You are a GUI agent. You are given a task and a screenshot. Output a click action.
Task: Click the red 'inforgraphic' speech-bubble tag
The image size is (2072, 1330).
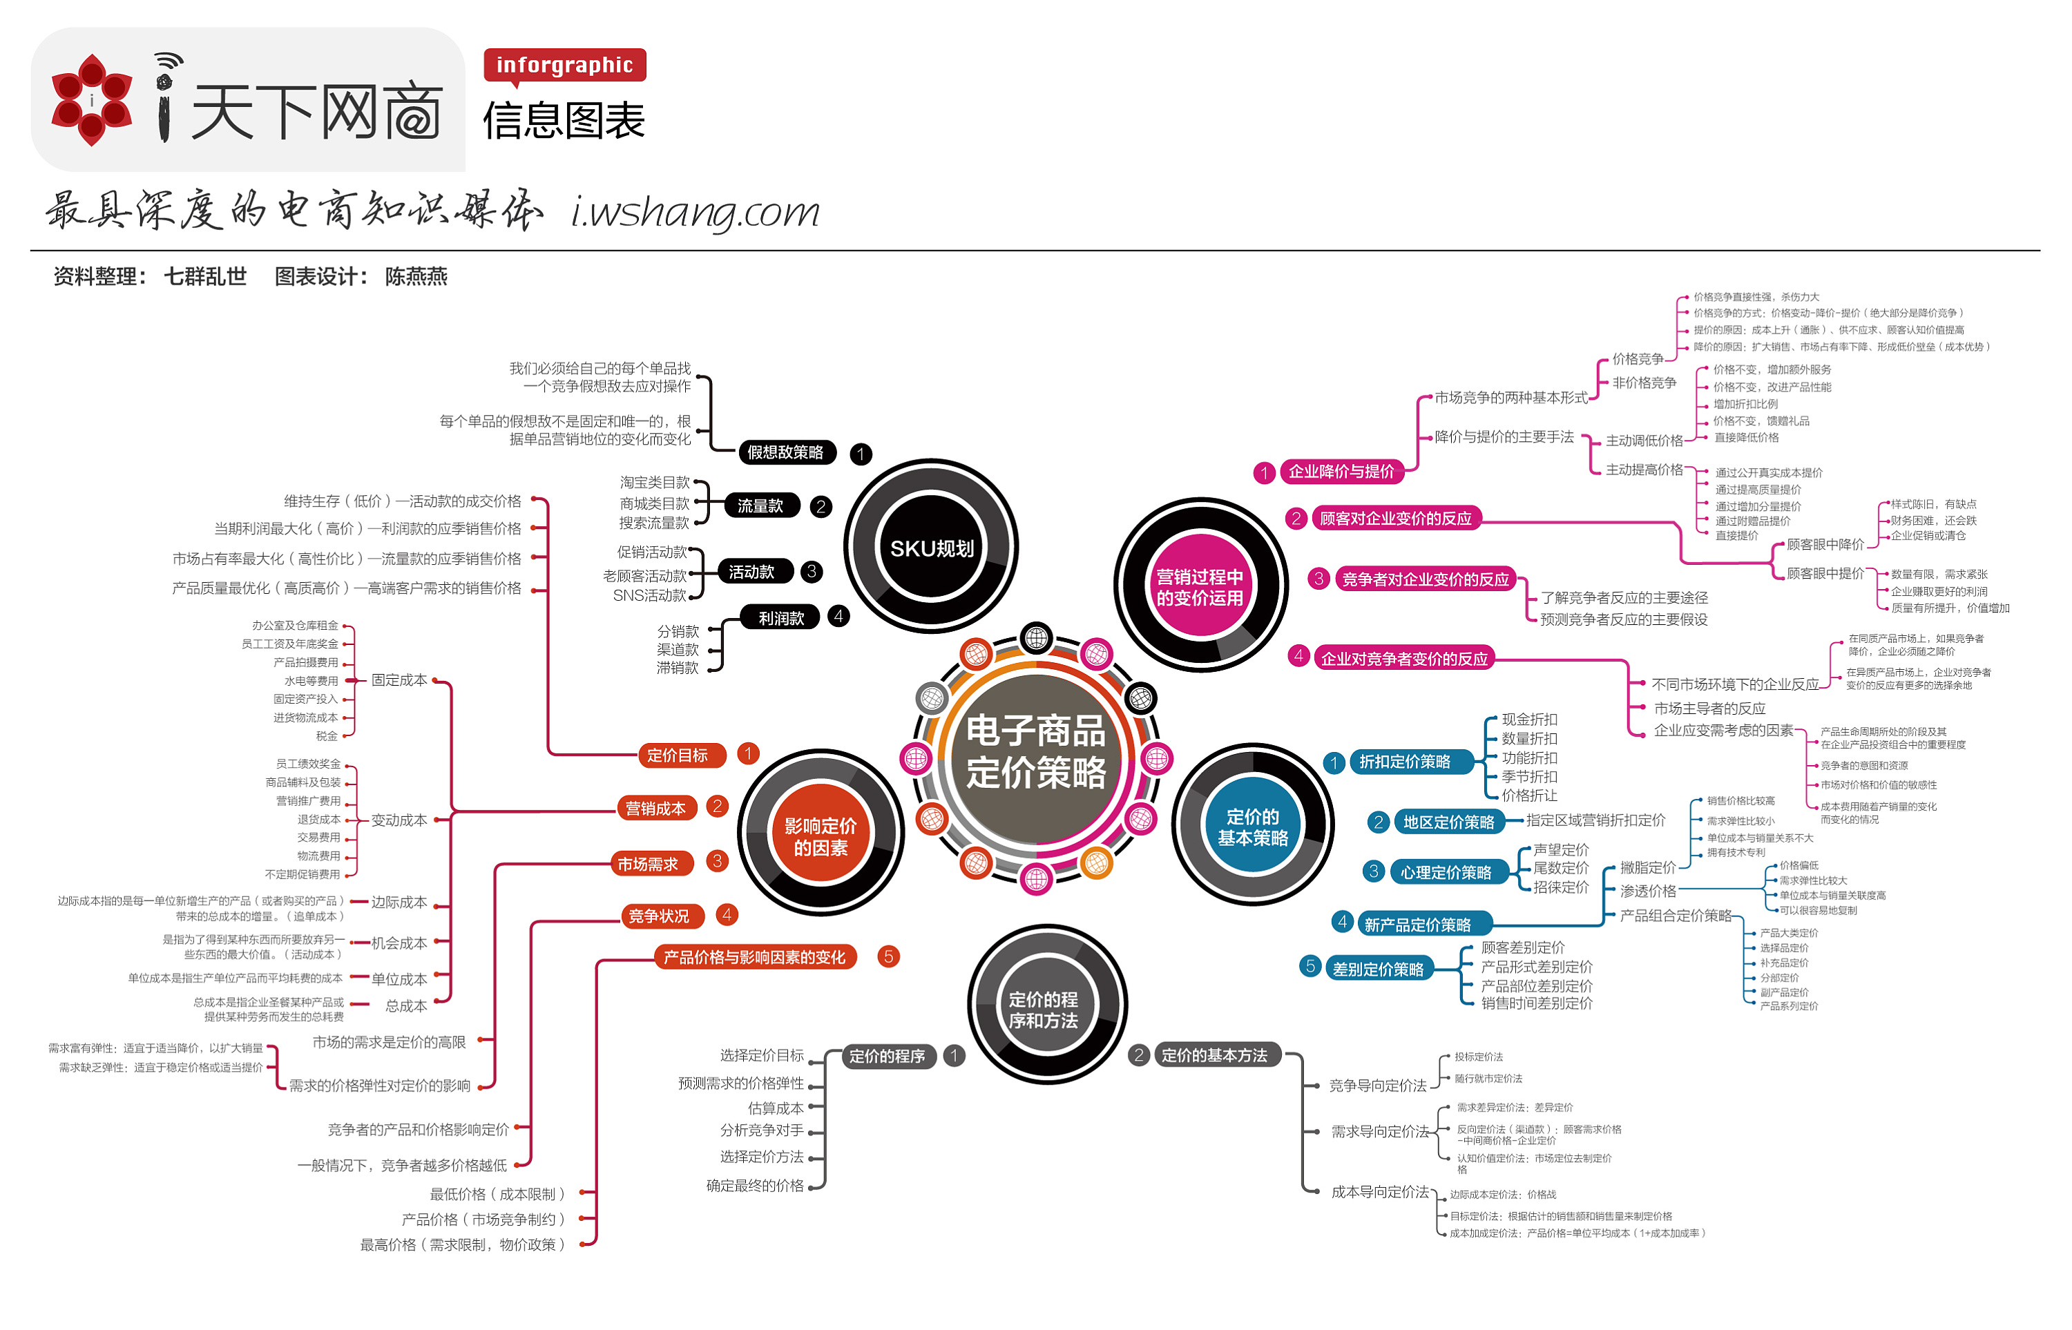(564, 65)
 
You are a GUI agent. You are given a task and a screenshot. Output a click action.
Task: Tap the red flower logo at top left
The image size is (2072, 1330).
(92, 100)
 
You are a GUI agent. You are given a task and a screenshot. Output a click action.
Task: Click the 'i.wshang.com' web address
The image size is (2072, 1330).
(696, 211)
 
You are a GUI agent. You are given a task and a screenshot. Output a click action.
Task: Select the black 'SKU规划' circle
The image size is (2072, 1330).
(931, 548)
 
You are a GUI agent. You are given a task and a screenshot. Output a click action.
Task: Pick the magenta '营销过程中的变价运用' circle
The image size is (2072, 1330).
(1200, 586)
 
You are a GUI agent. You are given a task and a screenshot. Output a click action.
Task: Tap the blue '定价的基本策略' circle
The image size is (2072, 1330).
(1252, 827)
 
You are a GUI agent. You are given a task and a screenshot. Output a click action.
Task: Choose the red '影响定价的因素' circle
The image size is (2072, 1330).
(820, 836)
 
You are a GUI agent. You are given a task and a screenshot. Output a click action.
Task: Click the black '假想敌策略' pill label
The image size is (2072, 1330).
(785, 452)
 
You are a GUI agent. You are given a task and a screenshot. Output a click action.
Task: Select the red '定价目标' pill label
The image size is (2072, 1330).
(677, 755)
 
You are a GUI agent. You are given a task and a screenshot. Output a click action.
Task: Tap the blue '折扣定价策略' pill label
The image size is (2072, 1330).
(1404, 762)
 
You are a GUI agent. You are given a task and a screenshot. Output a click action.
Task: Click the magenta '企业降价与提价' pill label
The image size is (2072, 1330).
(1341, 472)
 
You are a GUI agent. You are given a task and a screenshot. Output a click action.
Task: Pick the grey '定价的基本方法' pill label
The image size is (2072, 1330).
(1214, 1055)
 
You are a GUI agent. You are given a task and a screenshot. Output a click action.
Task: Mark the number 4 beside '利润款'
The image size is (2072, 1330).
(838, 617)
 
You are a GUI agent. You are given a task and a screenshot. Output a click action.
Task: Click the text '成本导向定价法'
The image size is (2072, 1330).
(1379, 1192)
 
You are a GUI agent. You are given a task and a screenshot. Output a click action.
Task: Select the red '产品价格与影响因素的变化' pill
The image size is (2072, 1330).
(754, 957)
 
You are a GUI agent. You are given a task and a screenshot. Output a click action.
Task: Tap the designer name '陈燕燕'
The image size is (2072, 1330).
(416, 276)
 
